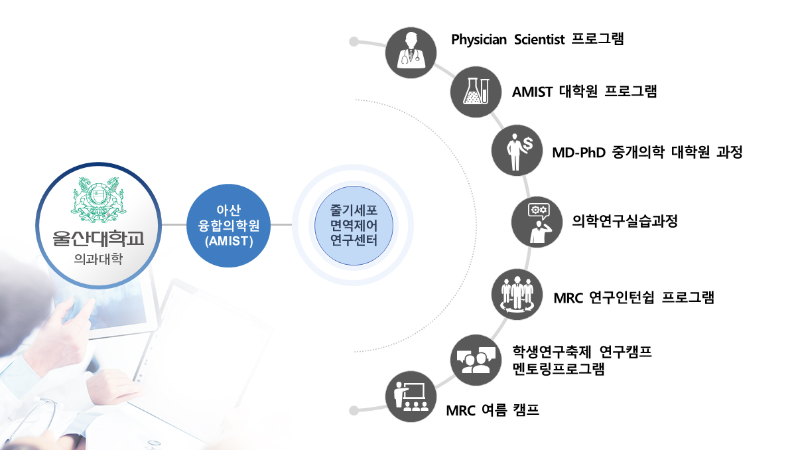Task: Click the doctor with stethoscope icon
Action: (x=411, y=52)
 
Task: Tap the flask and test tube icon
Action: (x=476, y=92)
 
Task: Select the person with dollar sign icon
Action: (x=517, y=151)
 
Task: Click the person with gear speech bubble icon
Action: (x=537, y=222)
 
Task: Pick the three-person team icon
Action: (x=517, y=294)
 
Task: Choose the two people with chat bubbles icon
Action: (x=476, y=360)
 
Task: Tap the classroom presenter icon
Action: (x=411, y=397)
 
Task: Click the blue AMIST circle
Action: (x=228, y=226)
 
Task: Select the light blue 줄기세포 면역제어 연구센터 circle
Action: (x=354, y=226)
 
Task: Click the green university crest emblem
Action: (x=98, y=200)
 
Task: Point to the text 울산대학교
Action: (x=98, y=238)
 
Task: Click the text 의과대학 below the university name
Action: (x=98, y=259)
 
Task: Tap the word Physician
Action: (x=479, y=39)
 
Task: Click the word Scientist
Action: (x=539, y=39)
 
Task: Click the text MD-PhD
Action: (x=579, y=153)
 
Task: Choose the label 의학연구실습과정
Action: (x=625, y=221)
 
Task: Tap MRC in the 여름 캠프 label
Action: (x=461, y=411)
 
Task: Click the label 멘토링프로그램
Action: (x=559, y=368)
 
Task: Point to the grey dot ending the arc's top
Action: (x=354, y=42)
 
